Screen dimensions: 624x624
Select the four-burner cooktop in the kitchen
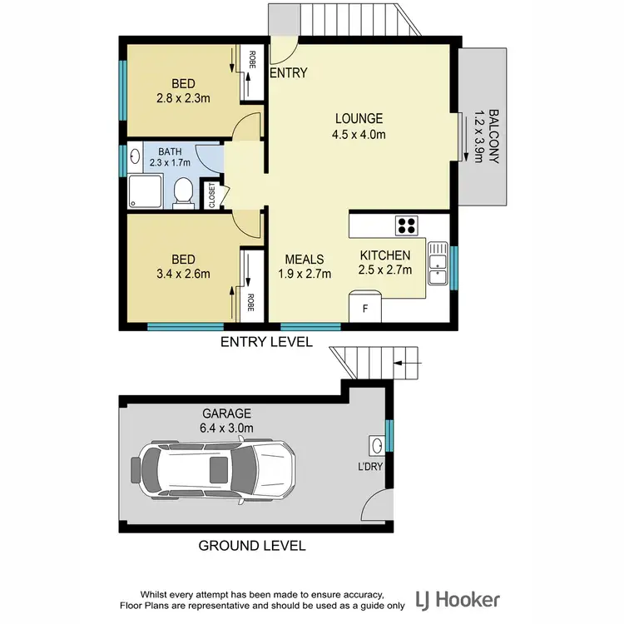(x=407, y=225)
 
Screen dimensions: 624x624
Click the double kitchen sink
(x=436, y=265)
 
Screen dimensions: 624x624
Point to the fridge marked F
(x=364, y=306)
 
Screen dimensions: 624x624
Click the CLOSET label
(x=211, y=195)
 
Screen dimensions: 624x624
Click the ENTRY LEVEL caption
(x=266, y=342)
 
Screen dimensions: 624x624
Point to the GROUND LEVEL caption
(x=251, y=547)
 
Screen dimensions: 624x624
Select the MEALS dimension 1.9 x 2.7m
(x=304, y=274)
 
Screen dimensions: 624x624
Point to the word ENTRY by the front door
(x=290, y=73)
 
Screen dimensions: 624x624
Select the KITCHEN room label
(x=385, y=255)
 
